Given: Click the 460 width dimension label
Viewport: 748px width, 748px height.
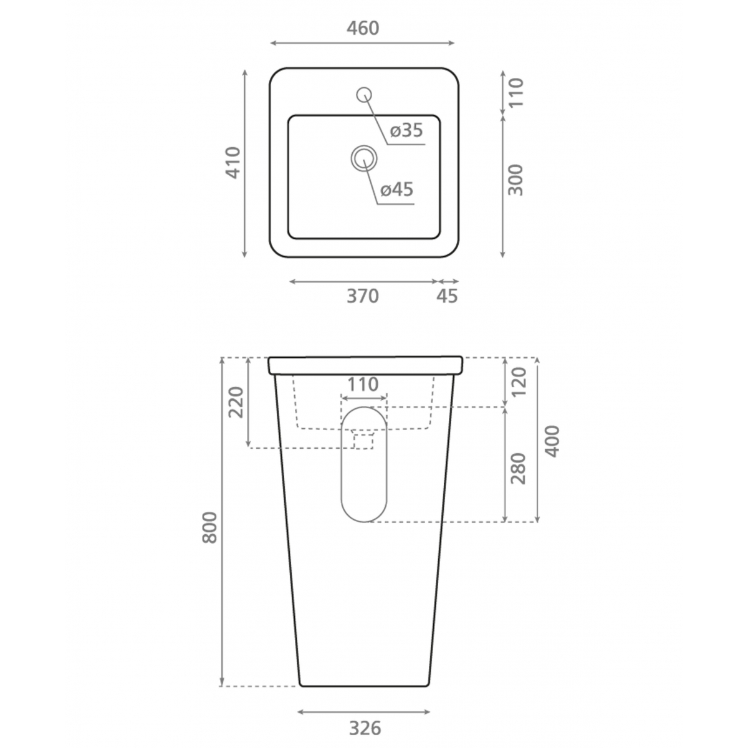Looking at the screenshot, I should tap(363, 28).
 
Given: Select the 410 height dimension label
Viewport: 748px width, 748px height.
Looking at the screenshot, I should tap(233, 163).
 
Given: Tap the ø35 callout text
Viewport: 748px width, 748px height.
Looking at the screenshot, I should tap(406, 130).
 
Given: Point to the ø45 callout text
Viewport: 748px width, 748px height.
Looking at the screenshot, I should tap(397, 189).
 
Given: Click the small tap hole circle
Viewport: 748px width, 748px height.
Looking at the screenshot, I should tap(364, 94).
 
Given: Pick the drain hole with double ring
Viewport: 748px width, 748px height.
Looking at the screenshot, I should tap(364, 158).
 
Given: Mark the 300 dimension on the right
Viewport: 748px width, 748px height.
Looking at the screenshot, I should tap(515, 180).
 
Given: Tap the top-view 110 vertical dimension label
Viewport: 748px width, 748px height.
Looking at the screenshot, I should tap(515, 92).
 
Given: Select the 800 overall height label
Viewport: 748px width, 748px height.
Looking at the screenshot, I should tap(211, 527).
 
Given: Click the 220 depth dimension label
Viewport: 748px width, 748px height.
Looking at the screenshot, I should tap(236, 402).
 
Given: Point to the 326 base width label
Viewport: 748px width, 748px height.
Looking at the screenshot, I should tap(364, 727).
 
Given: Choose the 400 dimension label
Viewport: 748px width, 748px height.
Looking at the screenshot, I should tap(552, 441).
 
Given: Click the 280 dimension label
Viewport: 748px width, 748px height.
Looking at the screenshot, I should tap(518, 469).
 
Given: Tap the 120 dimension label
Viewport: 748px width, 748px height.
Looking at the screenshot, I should tap(518, 381).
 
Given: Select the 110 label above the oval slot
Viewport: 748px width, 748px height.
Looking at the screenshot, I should tap(363, 385).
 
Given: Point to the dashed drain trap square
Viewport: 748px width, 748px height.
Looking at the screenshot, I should tap(363, 441).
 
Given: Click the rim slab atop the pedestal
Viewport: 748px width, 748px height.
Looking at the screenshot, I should tap(365, 365).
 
